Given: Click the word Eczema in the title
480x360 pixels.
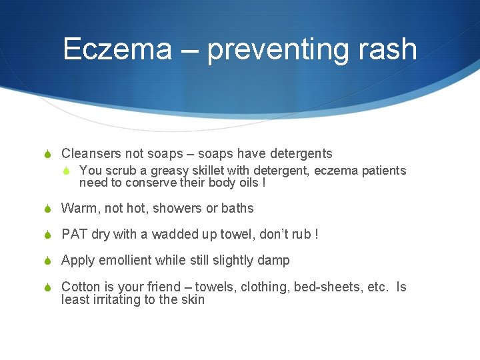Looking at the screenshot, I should (117, 49).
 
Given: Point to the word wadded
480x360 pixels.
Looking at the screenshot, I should (176, 234).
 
